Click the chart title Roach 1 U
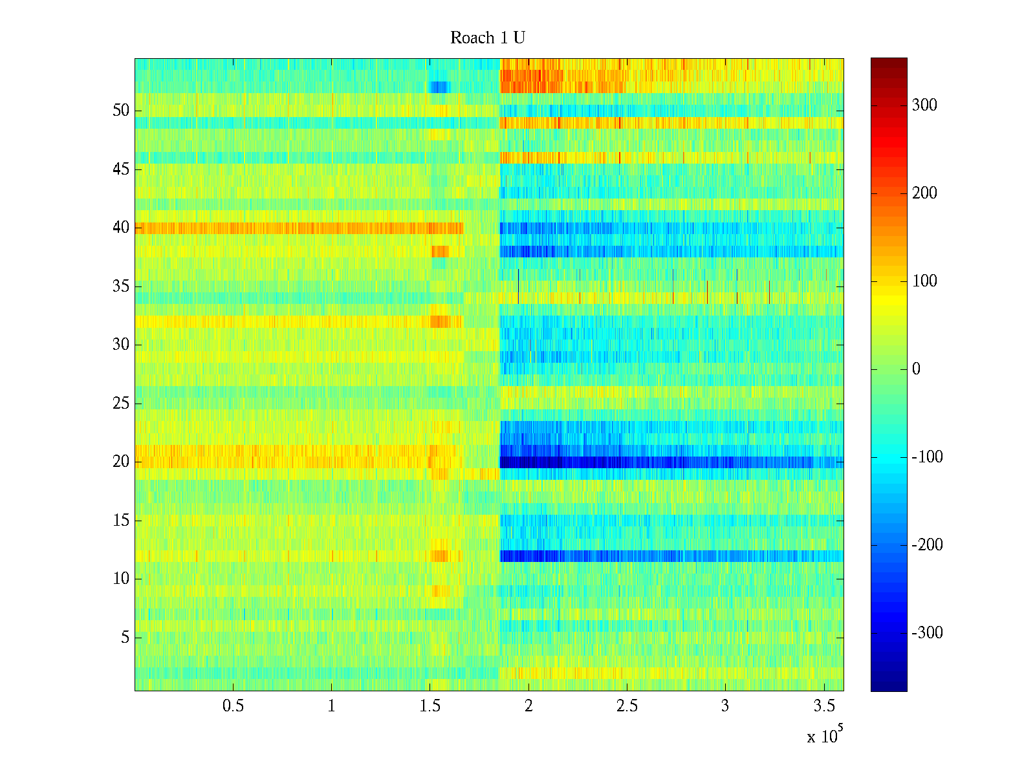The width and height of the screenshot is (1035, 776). [487, 38]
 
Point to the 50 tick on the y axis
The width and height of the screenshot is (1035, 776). [121, 111]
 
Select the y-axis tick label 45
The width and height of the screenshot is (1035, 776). [121, 169]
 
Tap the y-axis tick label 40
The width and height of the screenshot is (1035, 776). [121, 228]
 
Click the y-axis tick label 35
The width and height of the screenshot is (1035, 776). [121, 286]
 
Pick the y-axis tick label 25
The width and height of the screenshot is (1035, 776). [121, 404]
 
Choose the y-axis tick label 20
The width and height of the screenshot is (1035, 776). [121, 462]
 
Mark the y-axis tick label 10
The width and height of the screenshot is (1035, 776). [121, 579]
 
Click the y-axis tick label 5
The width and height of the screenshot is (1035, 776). [125, 638]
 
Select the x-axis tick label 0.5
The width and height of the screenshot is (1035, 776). [233, 706]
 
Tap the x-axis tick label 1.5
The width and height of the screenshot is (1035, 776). [430, 706]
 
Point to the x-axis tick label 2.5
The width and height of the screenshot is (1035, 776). [626, 706]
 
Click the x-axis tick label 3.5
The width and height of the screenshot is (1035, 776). [823, 706]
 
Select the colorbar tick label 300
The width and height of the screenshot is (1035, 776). [924, 105]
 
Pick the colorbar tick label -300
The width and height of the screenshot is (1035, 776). [927, 633]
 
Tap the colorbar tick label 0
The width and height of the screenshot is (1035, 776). [915, 369]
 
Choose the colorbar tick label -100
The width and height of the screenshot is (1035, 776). [927, 457]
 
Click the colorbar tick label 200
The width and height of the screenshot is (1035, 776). [924, 193]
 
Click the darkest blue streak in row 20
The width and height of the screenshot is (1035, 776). [537, 462]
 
